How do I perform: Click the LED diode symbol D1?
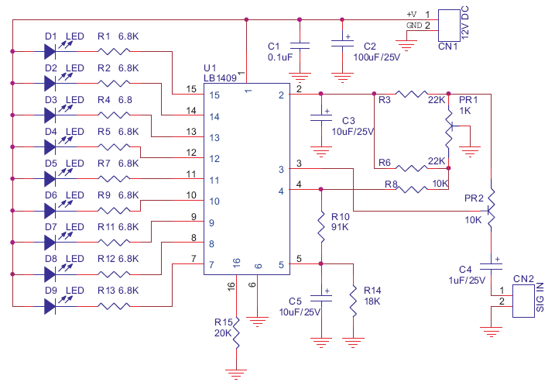tap(50, 51)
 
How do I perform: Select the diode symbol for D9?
tap(50, 306)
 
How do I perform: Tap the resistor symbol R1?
tap(114, 51)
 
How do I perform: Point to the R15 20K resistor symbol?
tap(236, 332)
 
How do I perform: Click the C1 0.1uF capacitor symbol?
tap(300, 46)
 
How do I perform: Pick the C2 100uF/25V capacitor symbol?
tap(342, 43)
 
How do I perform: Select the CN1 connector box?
tap(449, 25)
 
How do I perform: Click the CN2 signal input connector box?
tap(523, 301)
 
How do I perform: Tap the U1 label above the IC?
tap(210, 67)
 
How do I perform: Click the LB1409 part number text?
tap(220, 78)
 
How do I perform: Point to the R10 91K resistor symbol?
tap(321, 227)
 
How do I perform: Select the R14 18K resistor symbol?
tap(353, 301)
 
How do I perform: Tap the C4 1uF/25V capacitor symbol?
tap(491, 266)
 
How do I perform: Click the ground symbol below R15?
tap(236, 374)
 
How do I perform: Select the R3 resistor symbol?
tap(411, 94)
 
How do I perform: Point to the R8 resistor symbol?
tap(411, 190)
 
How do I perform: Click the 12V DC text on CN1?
tap(465, 22)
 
